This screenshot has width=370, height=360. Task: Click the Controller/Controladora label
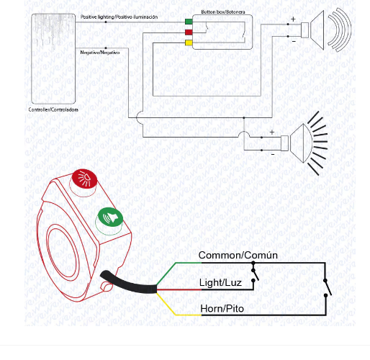(54, 109)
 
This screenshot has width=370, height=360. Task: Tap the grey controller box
(53, 58)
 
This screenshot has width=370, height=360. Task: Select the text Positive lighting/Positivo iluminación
(129, 17)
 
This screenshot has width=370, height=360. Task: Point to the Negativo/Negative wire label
(100, 53)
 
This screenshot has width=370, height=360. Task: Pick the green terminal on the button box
(188, 22)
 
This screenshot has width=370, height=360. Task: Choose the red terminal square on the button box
(188, 32)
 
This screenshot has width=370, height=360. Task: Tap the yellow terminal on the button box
(188, 43)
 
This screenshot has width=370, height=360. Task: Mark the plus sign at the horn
(292, 19)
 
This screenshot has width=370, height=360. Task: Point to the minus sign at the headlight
(271, 153)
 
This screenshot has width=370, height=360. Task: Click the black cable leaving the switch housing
(130, 282)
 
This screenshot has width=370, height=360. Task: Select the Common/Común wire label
(238, 256)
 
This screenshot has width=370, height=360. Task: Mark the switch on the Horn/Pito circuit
(326, 288)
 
